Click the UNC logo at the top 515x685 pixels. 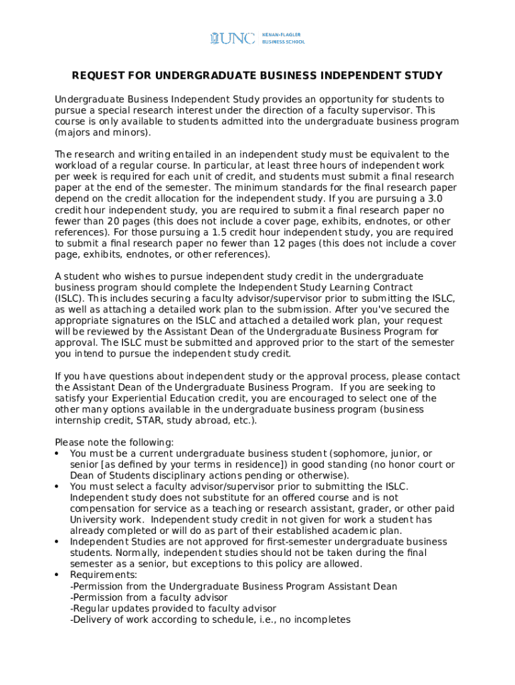click(232, 38)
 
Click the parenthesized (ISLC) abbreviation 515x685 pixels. click(70, 298)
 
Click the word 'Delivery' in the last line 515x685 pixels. click(91, 619)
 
